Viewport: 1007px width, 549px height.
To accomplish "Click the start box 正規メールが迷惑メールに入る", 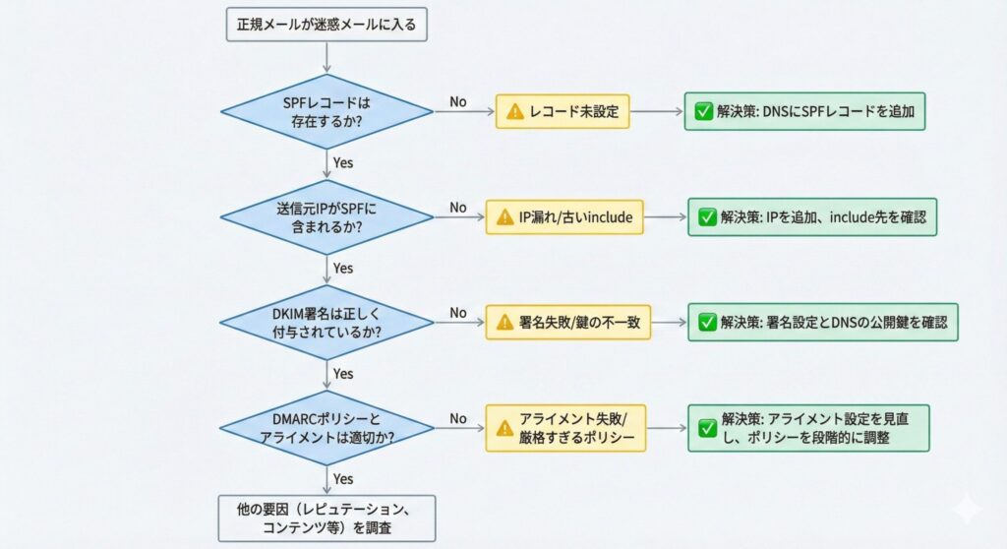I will [x=327, y=24].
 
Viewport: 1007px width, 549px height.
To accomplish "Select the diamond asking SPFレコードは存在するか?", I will [x=326, y=111].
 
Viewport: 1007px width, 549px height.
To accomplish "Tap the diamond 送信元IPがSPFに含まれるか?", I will [x=326, y=216].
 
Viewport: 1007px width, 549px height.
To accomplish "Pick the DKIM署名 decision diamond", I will [x=326, y=322].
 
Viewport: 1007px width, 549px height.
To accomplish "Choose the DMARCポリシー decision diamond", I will [x=326, y=427].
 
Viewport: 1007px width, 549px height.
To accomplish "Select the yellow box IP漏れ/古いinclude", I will [x=564, y=217].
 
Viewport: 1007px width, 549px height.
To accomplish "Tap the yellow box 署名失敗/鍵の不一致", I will [x=568, y=322].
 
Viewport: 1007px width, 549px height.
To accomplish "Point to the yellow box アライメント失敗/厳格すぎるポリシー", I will [x=566, y=427].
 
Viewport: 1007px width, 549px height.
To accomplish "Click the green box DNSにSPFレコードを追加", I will [x=805, y=111].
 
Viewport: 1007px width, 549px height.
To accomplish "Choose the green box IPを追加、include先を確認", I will [x=812, y=217].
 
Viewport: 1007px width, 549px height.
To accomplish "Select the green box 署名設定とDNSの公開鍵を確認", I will [x=822, y=322].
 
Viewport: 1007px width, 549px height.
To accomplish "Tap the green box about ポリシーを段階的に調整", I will [x=808, y=427].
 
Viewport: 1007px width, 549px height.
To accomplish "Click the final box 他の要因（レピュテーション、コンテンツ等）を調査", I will [x=326, y=518].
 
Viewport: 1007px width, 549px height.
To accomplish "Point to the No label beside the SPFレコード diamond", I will [x=458, y=101].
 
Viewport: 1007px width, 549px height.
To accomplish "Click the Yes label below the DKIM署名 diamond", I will [x=343, y=373].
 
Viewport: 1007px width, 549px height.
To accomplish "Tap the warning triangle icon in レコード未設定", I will [x=514, y=112].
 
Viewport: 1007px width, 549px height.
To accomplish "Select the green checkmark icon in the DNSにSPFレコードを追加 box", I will [x=703, y=112].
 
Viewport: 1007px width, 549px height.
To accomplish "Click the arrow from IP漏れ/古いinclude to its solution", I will [x=665, y=217].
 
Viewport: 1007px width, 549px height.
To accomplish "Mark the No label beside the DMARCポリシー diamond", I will [x=458, y=418].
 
